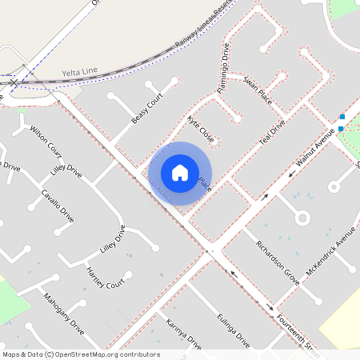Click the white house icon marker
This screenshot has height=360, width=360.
(180, 172)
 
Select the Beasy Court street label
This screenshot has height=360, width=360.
(147, 108)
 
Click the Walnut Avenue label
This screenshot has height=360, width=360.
(314, 151)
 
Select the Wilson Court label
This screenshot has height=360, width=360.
(46, 140)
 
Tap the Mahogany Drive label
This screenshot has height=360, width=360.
(64, 313)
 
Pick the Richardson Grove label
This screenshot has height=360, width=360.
(277, 262)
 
